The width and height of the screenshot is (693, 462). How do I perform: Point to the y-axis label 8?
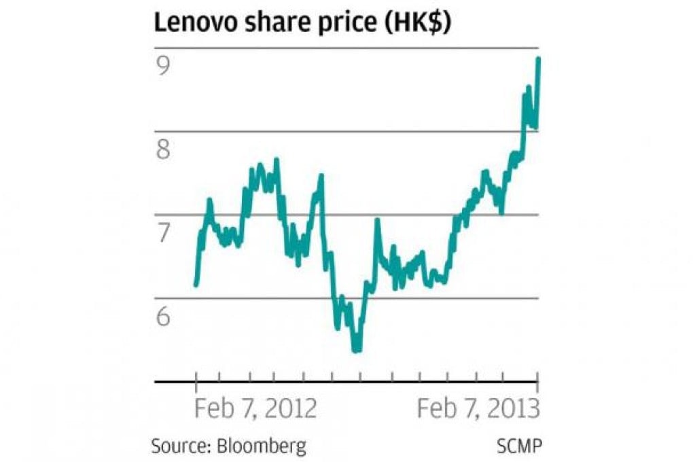pos(163,149)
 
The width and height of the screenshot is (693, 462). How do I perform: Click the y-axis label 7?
pos(163,233)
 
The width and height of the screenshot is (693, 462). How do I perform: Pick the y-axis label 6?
pos(163,316)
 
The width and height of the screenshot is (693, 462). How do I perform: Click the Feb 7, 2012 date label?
pos(255,410)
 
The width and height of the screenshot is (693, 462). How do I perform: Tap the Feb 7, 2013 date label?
pos(478,410)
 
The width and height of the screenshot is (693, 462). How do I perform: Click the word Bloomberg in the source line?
pos(262,446)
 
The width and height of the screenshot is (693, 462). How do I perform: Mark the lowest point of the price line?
pos(356,351)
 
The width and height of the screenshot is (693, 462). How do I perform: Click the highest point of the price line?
pos(538,59)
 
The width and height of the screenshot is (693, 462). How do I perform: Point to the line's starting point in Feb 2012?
pos(196,285)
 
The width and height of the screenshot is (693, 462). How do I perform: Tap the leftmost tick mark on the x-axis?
pos(196,381)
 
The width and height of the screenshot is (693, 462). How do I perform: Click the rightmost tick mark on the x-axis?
pos(538,381)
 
